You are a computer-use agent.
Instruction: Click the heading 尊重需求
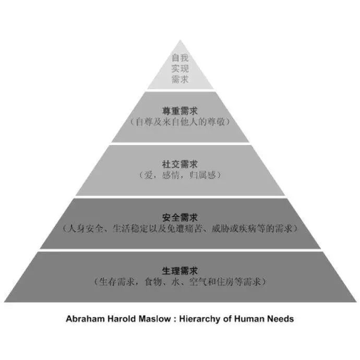tap(180, 110)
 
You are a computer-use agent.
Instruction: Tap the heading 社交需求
tap(180, 163)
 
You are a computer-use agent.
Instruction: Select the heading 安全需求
tap(180, 217)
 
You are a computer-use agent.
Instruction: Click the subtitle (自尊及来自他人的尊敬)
tap(180, 122)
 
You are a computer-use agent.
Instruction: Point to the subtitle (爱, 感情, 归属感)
tap(180, 175)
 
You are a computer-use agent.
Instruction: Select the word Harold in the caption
tap(121, 319)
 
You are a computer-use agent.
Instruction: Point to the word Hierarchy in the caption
tap(202, 319)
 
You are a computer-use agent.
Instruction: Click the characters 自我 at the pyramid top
tap(180, 58)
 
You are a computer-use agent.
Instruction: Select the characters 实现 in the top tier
tap(180, 69)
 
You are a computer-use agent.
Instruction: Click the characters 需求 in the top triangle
tap(180, 80)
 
